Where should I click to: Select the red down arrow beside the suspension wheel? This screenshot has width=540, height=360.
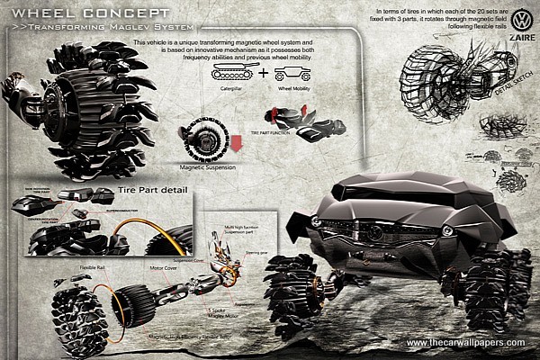click(x=237, y=144)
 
